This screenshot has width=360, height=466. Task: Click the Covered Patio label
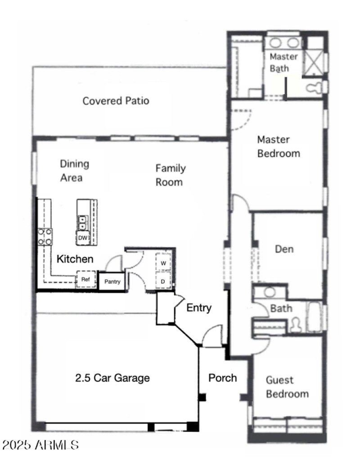(116, 101)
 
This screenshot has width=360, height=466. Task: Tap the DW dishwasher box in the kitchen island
(82, 238)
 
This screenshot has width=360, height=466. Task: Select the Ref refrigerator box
(85, 279)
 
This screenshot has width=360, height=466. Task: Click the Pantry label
(112, 282)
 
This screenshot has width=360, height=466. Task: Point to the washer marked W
(163, 262)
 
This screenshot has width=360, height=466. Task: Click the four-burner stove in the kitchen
(45, 237)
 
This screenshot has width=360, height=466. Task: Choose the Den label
(284, 249)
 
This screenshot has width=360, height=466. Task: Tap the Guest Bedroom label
(287, 387)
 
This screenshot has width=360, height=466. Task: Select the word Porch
(222, 378)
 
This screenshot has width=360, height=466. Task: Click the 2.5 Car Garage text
(112, 378)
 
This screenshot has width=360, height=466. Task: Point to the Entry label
(199, 308)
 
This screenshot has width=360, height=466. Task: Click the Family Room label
(170, 175)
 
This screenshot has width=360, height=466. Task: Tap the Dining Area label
(74, 171)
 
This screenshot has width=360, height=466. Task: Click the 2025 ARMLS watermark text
(40, 445)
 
